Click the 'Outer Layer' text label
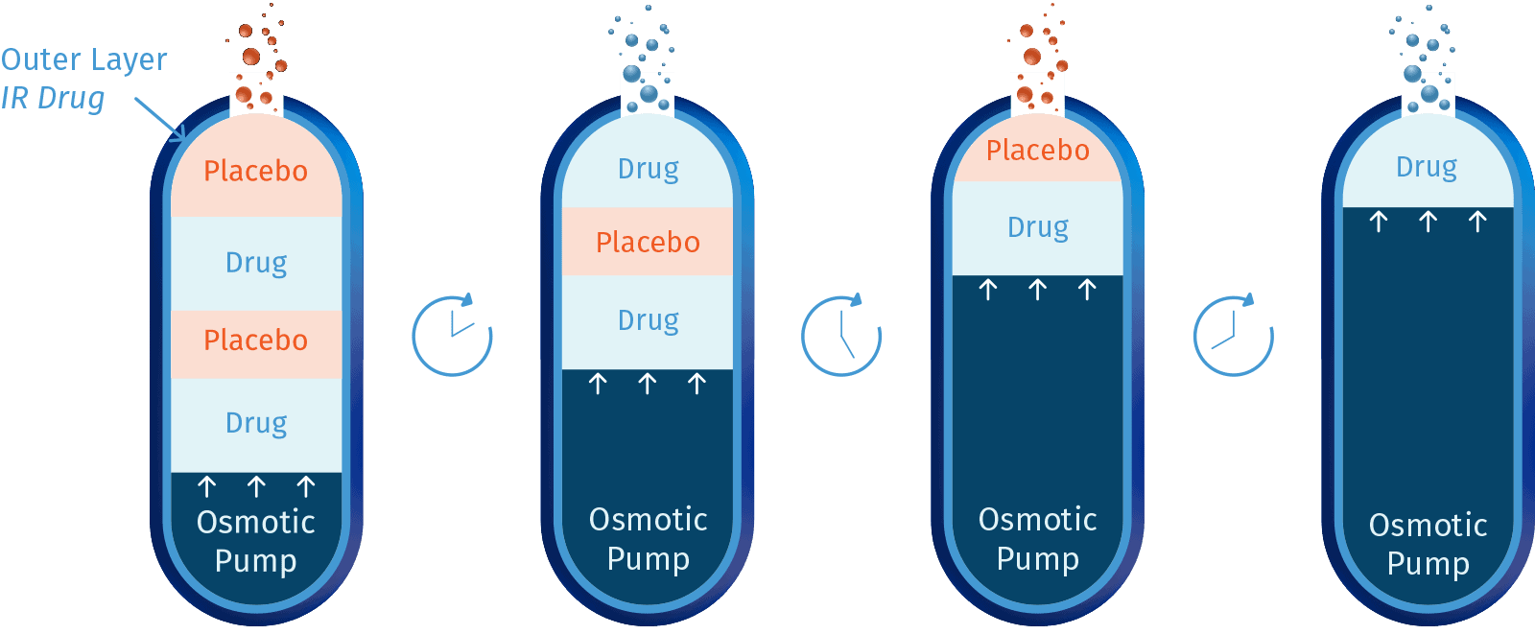[x=84, y=59]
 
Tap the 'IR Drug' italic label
[x=53, y=98]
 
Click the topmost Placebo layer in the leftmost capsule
[x=256, y=171]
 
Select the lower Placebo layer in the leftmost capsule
[x=256, y=340]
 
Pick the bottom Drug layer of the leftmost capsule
[x=256, y=423]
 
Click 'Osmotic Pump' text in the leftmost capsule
[x=256, y=541]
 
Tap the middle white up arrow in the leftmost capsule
[x=256, y=487]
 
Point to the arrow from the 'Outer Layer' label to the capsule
[x=161, y=120]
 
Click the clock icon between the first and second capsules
[x=452, y=336]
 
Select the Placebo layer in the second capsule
[x=648, y=242]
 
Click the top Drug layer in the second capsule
[x=648, y=170]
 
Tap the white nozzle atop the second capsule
[x=648, y=94]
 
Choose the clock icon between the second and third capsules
[x=841, y=336]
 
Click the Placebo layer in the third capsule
[x=1037, y=151]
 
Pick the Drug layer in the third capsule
[x=1037, y=227]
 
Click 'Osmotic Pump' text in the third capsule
[x=1037, y=538]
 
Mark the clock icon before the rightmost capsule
[x=1233, y=336]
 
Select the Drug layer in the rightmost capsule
[x=1427, y=168]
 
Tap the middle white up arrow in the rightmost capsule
[x=1428, y=223]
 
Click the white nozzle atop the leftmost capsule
[x=256, y=94]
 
